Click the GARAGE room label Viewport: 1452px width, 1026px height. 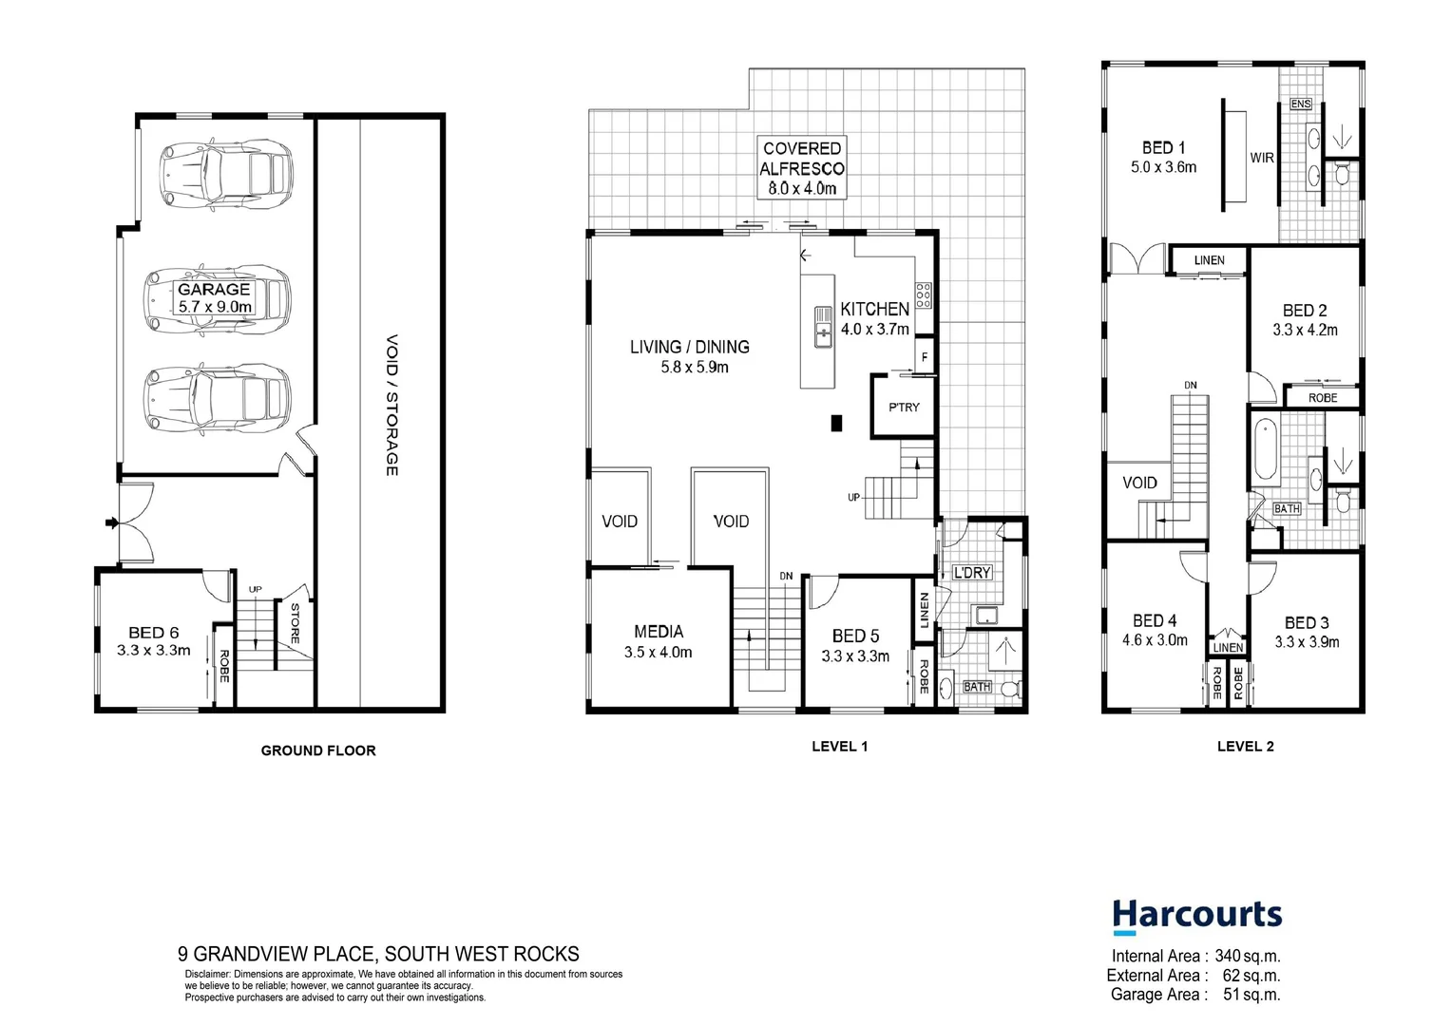(215, 290)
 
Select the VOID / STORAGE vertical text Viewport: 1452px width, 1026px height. (392, 405)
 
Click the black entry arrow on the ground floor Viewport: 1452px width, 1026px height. (111, 522)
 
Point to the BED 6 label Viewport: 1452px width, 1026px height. (154, 633)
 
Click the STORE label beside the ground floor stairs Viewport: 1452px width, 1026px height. (295, 623)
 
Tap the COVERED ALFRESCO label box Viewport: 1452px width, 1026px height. (802, 168)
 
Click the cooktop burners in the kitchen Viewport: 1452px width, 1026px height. (923, 295)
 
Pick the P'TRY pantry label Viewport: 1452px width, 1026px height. (904, 407)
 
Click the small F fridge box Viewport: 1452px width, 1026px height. (925, 358)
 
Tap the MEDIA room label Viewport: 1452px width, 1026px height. (659, 632)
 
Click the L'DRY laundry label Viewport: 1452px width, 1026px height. (972, 573)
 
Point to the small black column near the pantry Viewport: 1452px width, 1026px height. (836, 423)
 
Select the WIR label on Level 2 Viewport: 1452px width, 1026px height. (1262, 158)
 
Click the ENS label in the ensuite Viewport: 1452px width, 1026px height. (1301, 104)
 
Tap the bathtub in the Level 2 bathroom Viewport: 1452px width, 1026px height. (1265, 451)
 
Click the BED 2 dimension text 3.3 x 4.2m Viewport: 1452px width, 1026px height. (1305, 331)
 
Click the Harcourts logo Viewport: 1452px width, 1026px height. (1196, 917)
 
